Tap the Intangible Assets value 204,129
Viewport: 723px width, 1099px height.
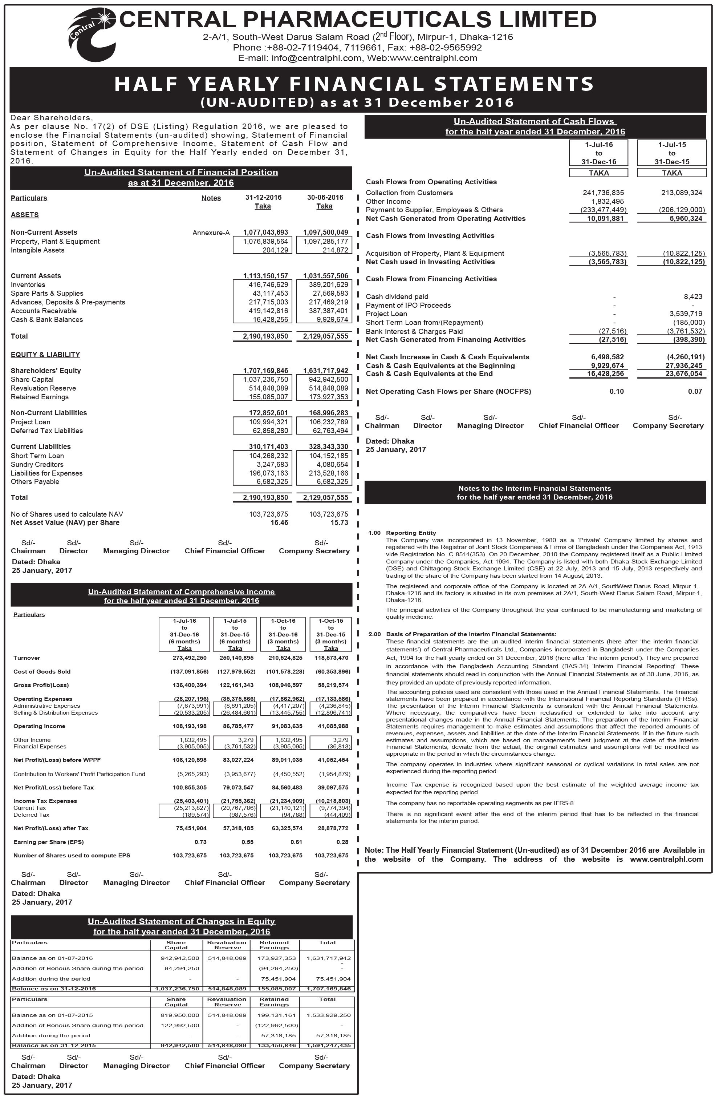275,250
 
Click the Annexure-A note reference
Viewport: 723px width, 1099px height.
211,233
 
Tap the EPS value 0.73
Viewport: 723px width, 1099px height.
200,842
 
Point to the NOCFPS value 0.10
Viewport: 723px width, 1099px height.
616,392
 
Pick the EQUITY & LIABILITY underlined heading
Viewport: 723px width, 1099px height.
45,355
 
